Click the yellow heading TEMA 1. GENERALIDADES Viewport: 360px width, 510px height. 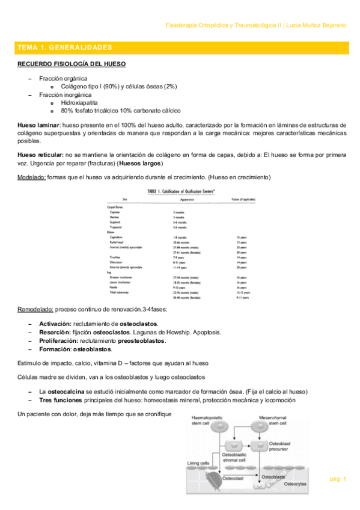point(65,47)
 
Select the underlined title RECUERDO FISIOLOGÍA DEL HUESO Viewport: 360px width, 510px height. point(71,64)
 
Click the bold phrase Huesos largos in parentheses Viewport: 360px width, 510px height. point(141,164)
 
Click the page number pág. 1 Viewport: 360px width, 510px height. point(338,479)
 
